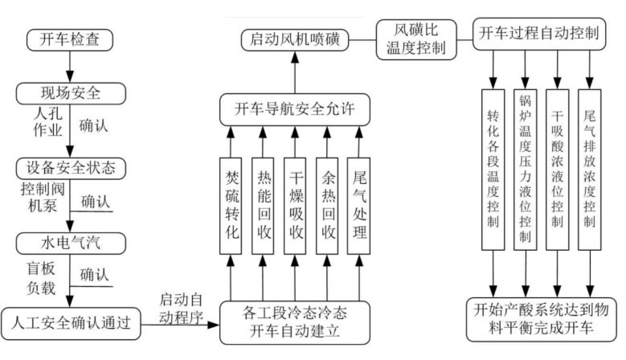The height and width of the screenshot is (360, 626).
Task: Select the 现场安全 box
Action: (x=71, y=92)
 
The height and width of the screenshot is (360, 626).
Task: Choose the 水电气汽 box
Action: (x=71, y=241)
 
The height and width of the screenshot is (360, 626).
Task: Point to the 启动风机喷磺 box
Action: (x=295, y=38)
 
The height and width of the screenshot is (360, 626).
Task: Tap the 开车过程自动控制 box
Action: (x=539, y=33)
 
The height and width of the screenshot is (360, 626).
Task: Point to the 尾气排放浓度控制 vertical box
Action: (x=590, y=168)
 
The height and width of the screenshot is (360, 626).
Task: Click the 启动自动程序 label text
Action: (x=185, y=308)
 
